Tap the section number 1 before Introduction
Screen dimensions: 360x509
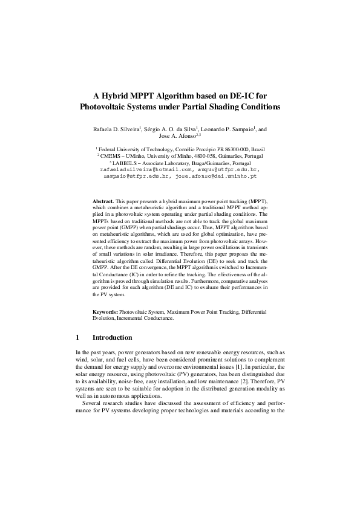click(x=77, y=337)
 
